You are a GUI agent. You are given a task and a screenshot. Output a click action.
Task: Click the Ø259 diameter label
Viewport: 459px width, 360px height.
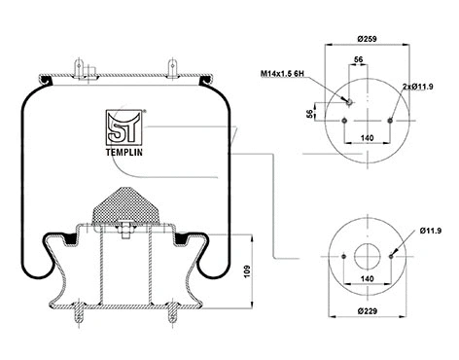[367, 38]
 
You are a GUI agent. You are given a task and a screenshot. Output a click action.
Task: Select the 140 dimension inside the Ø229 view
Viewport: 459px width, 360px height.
[367, 278]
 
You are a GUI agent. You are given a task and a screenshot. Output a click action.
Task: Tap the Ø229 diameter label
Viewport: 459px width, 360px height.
[367, 312]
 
